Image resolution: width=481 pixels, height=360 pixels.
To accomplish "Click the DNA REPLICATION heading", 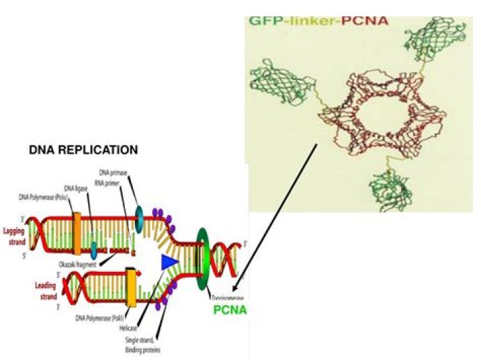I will tap(84, 150).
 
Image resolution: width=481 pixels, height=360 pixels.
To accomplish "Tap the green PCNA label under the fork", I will tap(230, 310).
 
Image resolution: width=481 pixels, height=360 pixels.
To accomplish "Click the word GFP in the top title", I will tap(263, 21).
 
